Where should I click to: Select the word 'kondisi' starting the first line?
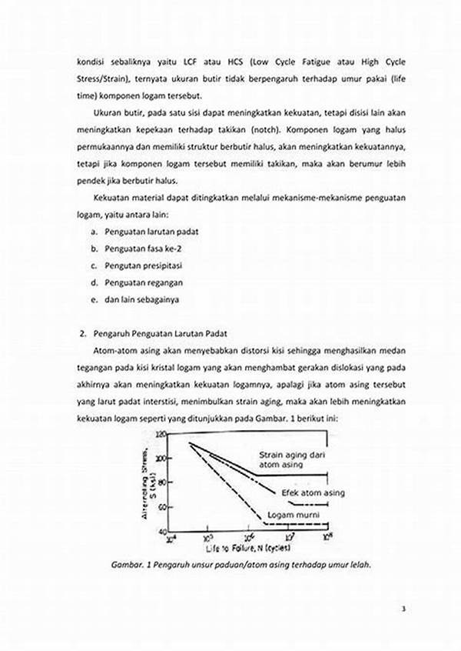(91, 62)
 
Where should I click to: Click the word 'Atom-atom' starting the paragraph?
(111, 351)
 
